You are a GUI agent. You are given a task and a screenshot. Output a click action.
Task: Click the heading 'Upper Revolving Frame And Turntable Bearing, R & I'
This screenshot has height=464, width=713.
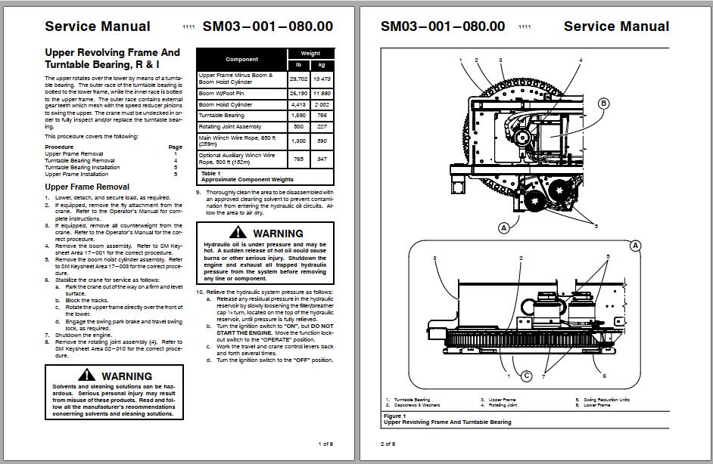112,59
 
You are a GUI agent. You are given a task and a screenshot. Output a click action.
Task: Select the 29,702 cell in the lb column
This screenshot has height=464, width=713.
297,78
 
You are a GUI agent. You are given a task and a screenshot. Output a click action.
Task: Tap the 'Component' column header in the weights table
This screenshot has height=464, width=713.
241,59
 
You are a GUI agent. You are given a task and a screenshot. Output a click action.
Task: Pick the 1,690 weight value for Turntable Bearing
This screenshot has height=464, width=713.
298,116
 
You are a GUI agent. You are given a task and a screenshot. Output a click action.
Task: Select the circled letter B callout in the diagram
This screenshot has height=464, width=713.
604,104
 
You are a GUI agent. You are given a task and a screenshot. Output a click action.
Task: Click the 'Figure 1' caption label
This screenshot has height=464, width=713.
394,416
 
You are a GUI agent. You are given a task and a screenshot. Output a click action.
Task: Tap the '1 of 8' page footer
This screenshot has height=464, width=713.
325,444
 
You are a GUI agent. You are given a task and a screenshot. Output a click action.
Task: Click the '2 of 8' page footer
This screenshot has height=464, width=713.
388,444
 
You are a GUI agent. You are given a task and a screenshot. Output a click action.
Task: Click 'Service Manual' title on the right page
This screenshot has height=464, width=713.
616,26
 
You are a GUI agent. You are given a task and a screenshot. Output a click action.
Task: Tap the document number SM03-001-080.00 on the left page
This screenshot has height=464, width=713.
267,26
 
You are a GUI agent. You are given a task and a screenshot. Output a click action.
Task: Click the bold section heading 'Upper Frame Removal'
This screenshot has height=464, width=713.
87,187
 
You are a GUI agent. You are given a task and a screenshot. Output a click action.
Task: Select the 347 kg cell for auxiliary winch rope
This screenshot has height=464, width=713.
322,159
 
